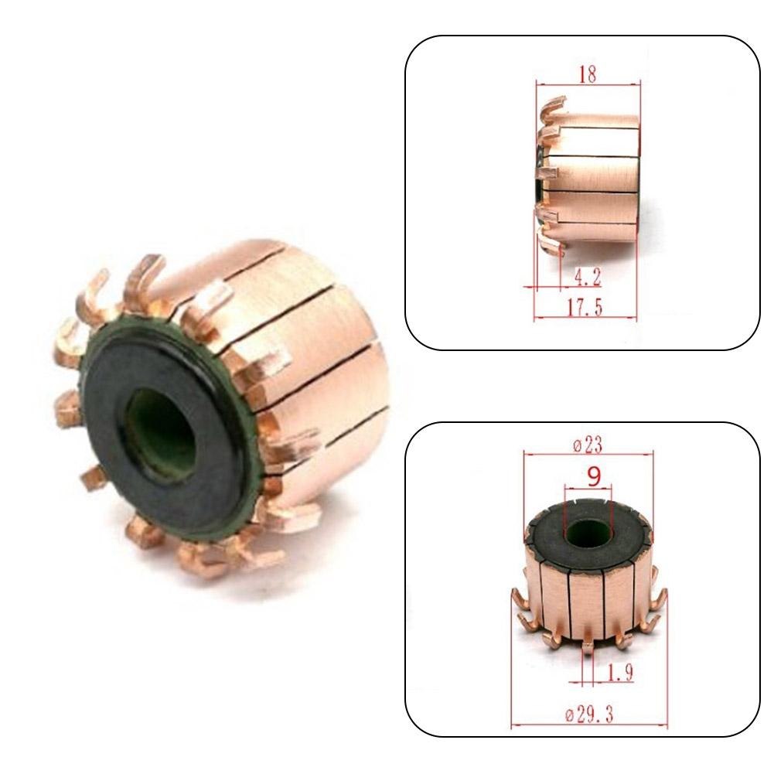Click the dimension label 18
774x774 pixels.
click(x=588, y=75)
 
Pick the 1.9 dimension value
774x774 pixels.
click(x=619, y=673)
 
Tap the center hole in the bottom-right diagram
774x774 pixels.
click(x=587, y=534)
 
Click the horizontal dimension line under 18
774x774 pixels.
click(x=588, y=85)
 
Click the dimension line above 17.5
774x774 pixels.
click(x=585, y=318)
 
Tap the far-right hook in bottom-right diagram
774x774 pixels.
click(x=660, y=603)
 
